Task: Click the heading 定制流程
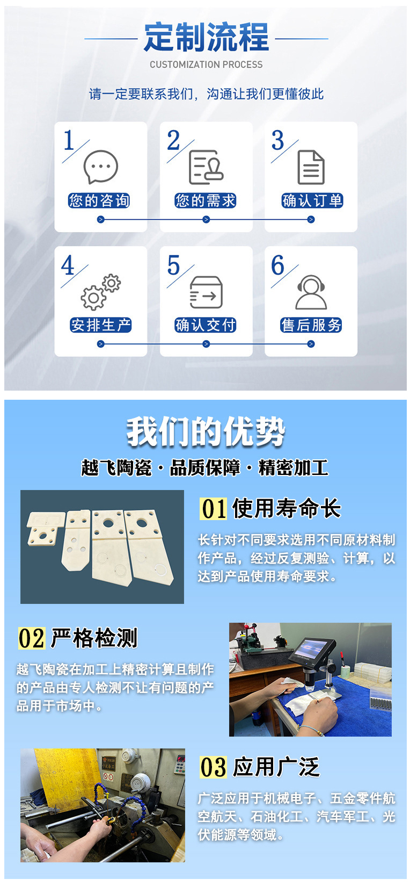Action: [x=206, y=38]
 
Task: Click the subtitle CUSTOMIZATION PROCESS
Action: [x=206, y=64]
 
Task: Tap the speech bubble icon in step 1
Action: [x=100, y=167]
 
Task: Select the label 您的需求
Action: [x=206, y=201]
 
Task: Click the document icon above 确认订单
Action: [x=311, y=167]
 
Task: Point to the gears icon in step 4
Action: [x=100, y=292]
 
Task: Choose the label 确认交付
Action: [x=206, y=325]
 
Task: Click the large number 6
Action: [x=278, y=265]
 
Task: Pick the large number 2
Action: [x=173, y=141]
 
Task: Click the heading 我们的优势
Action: [x=206, y=431]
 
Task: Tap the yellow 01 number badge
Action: [x=214, y=508]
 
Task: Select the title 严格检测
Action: [x=94, y=638]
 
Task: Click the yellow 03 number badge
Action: [x=213, y=767]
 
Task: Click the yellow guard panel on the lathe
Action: [x=59, y=779]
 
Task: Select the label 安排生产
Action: [x=100, y=325]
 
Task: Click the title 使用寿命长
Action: [x=287, y=508]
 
